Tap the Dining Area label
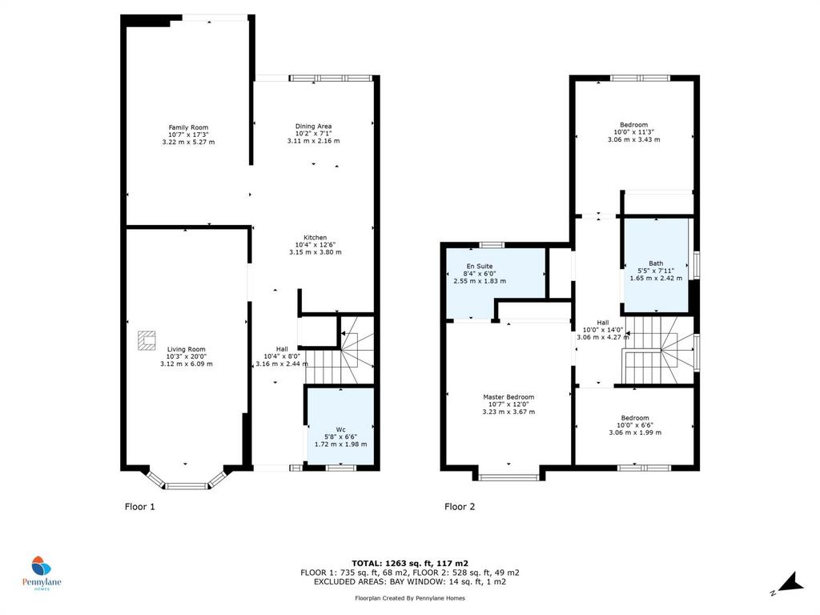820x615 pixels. tap(313, 126)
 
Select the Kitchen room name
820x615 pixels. tap(315, 237)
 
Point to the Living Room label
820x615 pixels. tap(186, 349)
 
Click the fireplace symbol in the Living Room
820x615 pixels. tap(147, 340)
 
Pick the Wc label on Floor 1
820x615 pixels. tap(340, 429)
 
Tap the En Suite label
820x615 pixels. tap(480, 266)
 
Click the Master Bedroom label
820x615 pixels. tap(508, 397)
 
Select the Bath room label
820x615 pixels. tap(656, 263)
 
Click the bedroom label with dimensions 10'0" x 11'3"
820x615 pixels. tap(634, 125)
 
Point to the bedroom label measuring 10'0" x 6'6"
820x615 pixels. tap(635, 418)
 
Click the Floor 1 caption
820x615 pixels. tap(139, 506)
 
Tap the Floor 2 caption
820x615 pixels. tap(460, 506)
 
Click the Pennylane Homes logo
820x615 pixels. tap(42, 573)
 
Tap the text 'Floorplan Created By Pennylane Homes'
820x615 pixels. tap(410, 597)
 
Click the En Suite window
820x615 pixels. tap(492, 245)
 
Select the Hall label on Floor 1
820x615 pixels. tap(282, 349)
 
